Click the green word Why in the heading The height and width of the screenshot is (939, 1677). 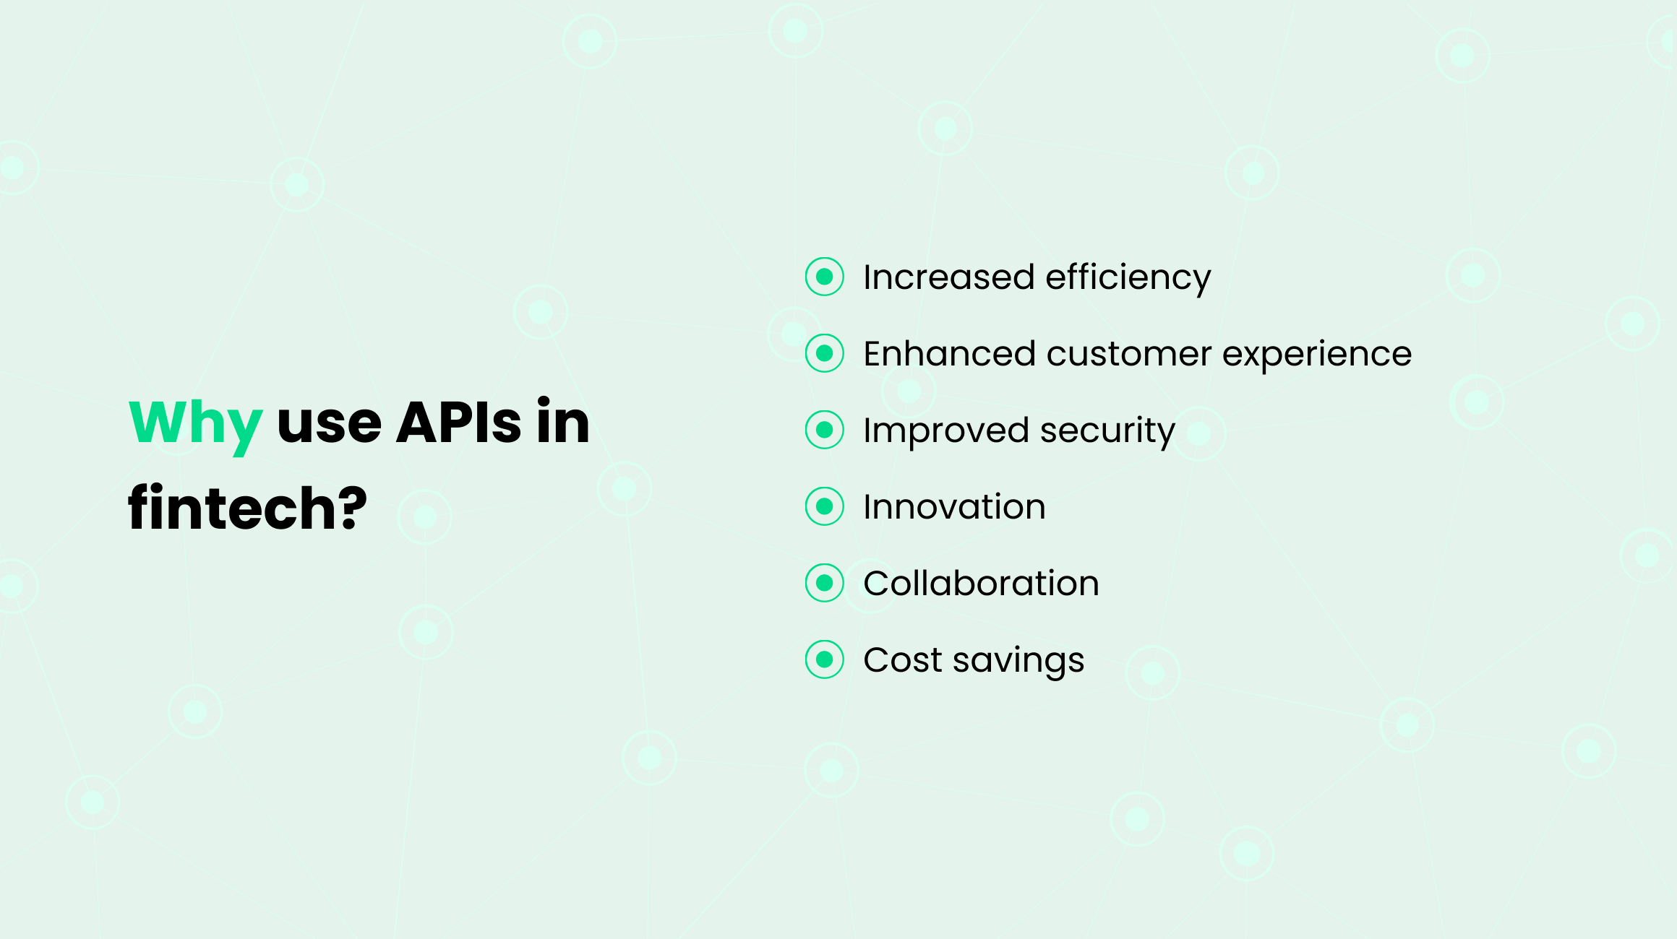click(194, 423)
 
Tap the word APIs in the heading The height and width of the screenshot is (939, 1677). click(458, 422)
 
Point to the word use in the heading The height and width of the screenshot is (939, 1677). click(329, 425)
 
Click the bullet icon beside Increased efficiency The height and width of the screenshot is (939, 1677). click(824, 277)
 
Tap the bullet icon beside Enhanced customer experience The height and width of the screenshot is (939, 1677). click(824, 353)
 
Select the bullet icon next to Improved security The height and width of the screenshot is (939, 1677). click(824, 430)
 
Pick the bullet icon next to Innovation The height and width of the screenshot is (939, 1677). click(824, 506)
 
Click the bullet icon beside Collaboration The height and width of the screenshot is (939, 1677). click(824, 583)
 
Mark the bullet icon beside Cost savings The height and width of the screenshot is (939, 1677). click(824, 659)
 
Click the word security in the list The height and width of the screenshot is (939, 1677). click(1107, 431)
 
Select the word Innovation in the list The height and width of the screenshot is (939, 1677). click(954, 507)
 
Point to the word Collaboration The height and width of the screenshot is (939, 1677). click(981, 584)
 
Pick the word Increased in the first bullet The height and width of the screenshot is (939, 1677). click(948, 277)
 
